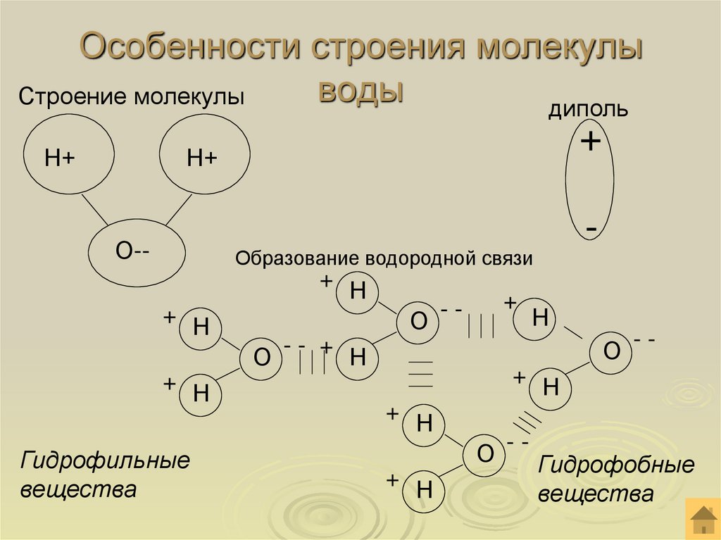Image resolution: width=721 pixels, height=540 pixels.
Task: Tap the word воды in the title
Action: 362,89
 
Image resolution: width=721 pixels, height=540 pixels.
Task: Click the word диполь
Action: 589,110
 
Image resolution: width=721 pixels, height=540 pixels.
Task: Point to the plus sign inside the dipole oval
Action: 590,143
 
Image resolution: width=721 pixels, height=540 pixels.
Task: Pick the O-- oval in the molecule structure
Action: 137,251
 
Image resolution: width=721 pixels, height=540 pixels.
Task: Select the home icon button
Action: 702,520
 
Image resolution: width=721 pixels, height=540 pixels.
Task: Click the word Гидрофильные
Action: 106,463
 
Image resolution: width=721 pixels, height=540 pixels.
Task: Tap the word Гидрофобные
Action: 617,466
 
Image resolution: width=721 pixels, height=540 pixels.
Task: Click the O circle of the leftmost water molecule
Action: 262,358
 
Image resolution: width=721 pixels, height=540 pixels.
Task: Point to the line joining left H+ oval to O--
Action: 99,208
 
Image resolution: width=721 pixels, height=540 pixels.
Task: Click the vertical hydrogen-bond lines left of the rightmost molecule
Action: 482,326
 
